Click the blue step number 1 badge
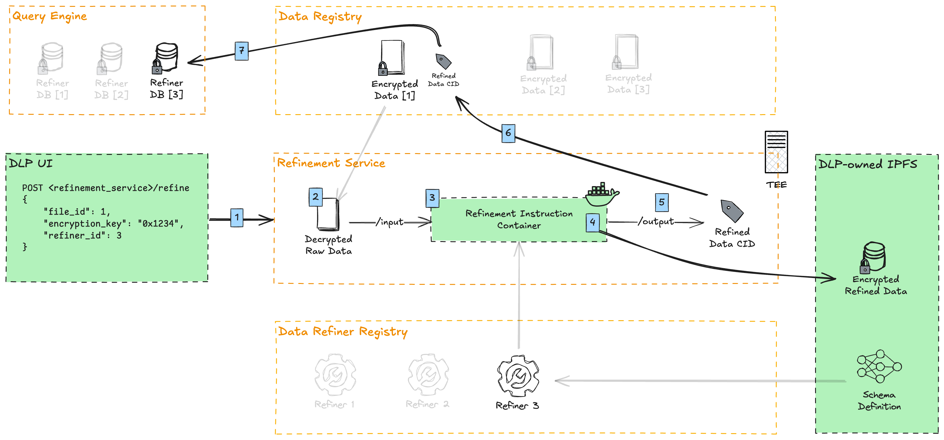click(237, 217)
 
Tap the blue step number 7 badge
click(241, 51)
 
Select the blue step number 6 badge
click(508, 133)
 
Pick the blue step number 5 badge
click(662, 202)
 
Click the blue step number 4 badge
click(593, 222)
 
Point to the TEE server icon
click(776, 152)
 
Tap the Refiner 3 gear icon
click(518, 376)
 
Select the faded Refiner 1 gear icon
click(335, 374)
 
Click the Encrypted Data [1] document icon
click(392, 58)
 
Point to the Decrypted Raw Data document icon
click(327, 215)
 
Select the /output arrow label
click(656, 221)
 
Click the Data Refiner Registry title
click(343, 331)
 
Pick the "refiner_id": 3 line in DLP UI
click(83, 235)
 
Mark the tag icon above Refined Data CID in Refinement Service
click(731, 211)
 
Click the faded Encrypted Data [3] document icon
click(626, 52)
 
